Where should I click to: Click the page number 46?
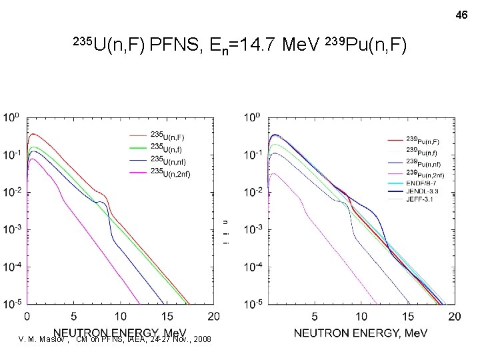coord(462,14)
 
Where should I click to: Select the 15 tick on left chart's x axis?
coord(167,315)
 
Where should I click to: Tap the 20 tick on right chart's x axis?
coord(453,315)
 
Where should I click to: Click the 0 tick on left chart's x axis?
coord(27,315)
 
